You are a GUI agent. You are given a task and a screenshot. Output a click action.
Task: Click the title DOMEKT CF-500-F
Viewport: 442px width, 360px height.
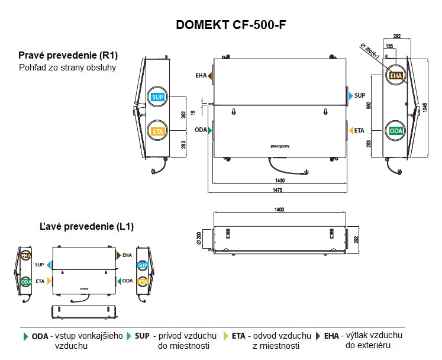[231, 25]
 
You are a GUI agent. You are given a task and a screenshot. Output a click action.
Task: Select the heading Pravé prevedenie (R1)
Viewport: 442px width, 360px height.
[68, 56]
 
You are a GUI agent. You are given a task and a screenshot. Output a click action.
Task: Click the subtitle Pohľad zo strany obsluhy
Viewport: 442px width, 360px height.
[67, 67]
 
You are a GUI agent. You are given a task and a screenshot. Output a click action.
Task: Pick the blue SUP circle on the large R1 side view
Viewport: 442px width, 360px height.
[157, 98]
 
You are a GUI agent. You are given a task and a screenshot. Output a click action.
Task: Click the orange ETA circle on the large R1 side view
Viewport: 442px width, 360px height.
[157, 131]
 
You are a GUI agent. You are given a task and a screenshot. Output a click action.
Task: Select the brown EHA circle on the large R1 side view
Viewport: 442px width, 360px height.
[396, 76]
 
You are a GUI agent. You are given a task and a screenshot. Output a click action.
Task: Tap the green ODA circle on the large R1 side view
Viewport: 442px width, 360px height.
[396, 131]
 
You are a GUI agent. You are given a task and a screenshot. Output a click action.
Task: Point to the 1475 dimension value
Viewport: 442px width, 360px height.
[277, 189]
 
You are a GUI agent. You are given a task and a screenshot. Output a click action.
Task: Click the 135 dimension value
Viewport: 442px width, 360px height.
[388, 46]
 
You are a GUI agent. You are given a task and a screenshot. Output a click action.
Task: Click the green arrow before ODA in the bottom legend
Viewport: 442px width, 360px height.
[25, 336]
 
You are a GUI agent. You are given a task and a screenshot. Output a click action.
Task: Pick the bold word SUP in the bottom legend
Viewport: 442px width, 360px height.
[142, 336]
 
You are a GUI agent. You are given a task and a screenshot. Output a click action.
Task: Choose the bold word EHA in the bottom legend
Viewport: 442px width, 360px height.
[331, 336]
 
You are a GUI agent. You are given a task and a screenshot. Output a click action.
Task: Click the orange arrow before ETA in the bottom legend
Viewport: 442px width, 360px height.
[225, 336]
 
